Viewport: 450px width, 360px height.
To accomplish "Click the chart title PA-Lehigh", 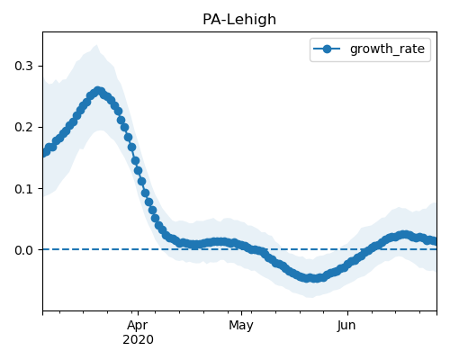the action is coord(239,20).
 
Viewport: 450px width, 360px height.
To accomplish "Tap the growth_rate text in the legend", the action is coord(387,49).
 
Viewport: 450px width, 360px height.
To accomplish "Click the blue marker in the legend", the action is coord(327,49).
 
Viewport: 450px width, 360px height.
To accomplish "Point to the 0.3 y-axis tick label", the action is coord(23,66).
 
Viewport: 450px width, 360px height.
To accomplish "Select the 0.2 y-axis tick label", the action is coord(23,127).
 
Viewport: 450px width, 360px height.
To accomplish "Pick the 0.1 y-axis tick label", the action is coord(23,189).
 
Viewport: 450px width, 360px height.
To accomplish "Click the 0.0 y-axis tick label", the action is coord(23,250).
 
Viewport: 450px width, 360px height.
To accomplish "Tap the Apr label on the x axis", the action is coord(138,326).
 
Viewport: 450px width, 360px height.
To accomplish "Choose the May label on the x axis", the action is coord(241,326).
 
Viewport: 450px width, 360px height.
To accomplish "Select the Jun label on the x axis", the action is coord(346,326).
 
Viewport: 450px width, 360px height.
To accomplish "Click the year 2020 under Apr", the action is coord(138,339).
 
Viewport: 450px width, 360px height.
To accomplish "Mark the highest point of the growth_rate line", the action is coord(98,91).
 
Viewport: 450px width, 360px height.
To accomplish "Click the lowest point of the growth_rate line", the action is coord(313,278).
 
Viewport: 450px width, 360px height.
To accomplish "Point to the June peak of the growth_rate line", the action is coord(404,234).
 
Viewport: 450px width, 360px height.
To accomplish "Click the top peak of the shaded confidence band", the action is coord(96,45).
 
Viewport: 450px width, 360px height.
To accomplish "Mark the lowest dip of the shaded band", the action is coord(310,297).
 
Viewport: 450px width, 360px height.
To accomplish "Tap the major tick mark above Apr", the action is coord(138,313).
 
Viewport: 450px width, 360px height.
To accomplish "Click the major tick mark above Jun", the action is coord(347,313).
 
